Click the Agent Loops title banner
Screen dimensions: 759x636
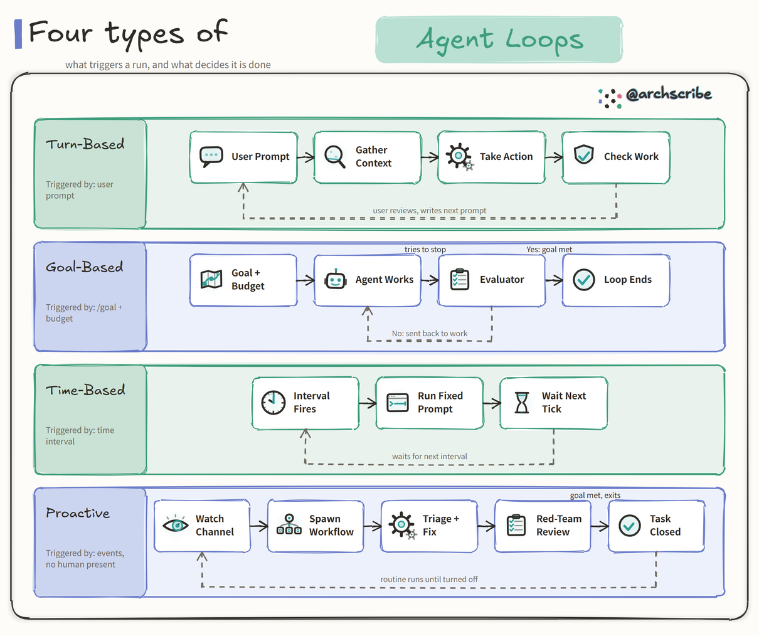(499, 40)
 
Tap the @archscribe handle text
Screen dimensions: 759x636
(669, 94)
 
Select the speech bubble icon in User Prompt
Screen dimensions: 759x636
(211, 157)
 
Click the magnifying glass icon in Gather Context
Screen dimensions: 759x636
(334, 157)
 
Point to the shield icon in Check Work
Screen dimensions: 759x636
(583, 154)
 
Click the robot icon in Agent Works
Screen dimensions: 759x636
(335, 279)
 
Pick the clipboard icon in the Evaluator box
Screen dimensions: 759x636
(459, 279)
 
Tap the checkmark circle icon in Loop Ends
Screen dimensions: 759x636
(584, 280)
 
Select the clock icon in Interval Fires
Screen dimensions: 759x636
(273, 402)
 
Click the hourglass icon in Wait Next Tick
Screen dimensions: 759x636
(522, 402)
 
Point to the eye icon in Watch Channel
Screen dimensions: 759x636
(175, 525)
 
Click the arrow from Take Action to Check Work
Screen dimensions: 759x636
(554, 157)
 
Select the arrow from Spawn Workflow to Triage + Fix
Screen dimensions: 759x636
(373, 526)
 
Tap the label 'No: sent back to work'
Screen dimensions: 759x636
(429, 333)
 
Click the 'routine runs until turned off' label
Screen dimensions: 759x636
(429, 579)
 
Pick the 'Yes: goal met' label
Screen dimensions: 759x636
(549, 249)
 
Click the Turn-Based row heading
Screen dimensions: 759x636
(85, 144)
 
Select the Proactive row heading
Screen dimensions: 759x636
(77, 513)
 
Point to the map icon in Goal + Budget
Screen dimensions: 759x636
(211, 279)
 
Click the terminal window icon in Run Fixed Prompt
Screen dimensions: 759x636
(397, 403)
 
